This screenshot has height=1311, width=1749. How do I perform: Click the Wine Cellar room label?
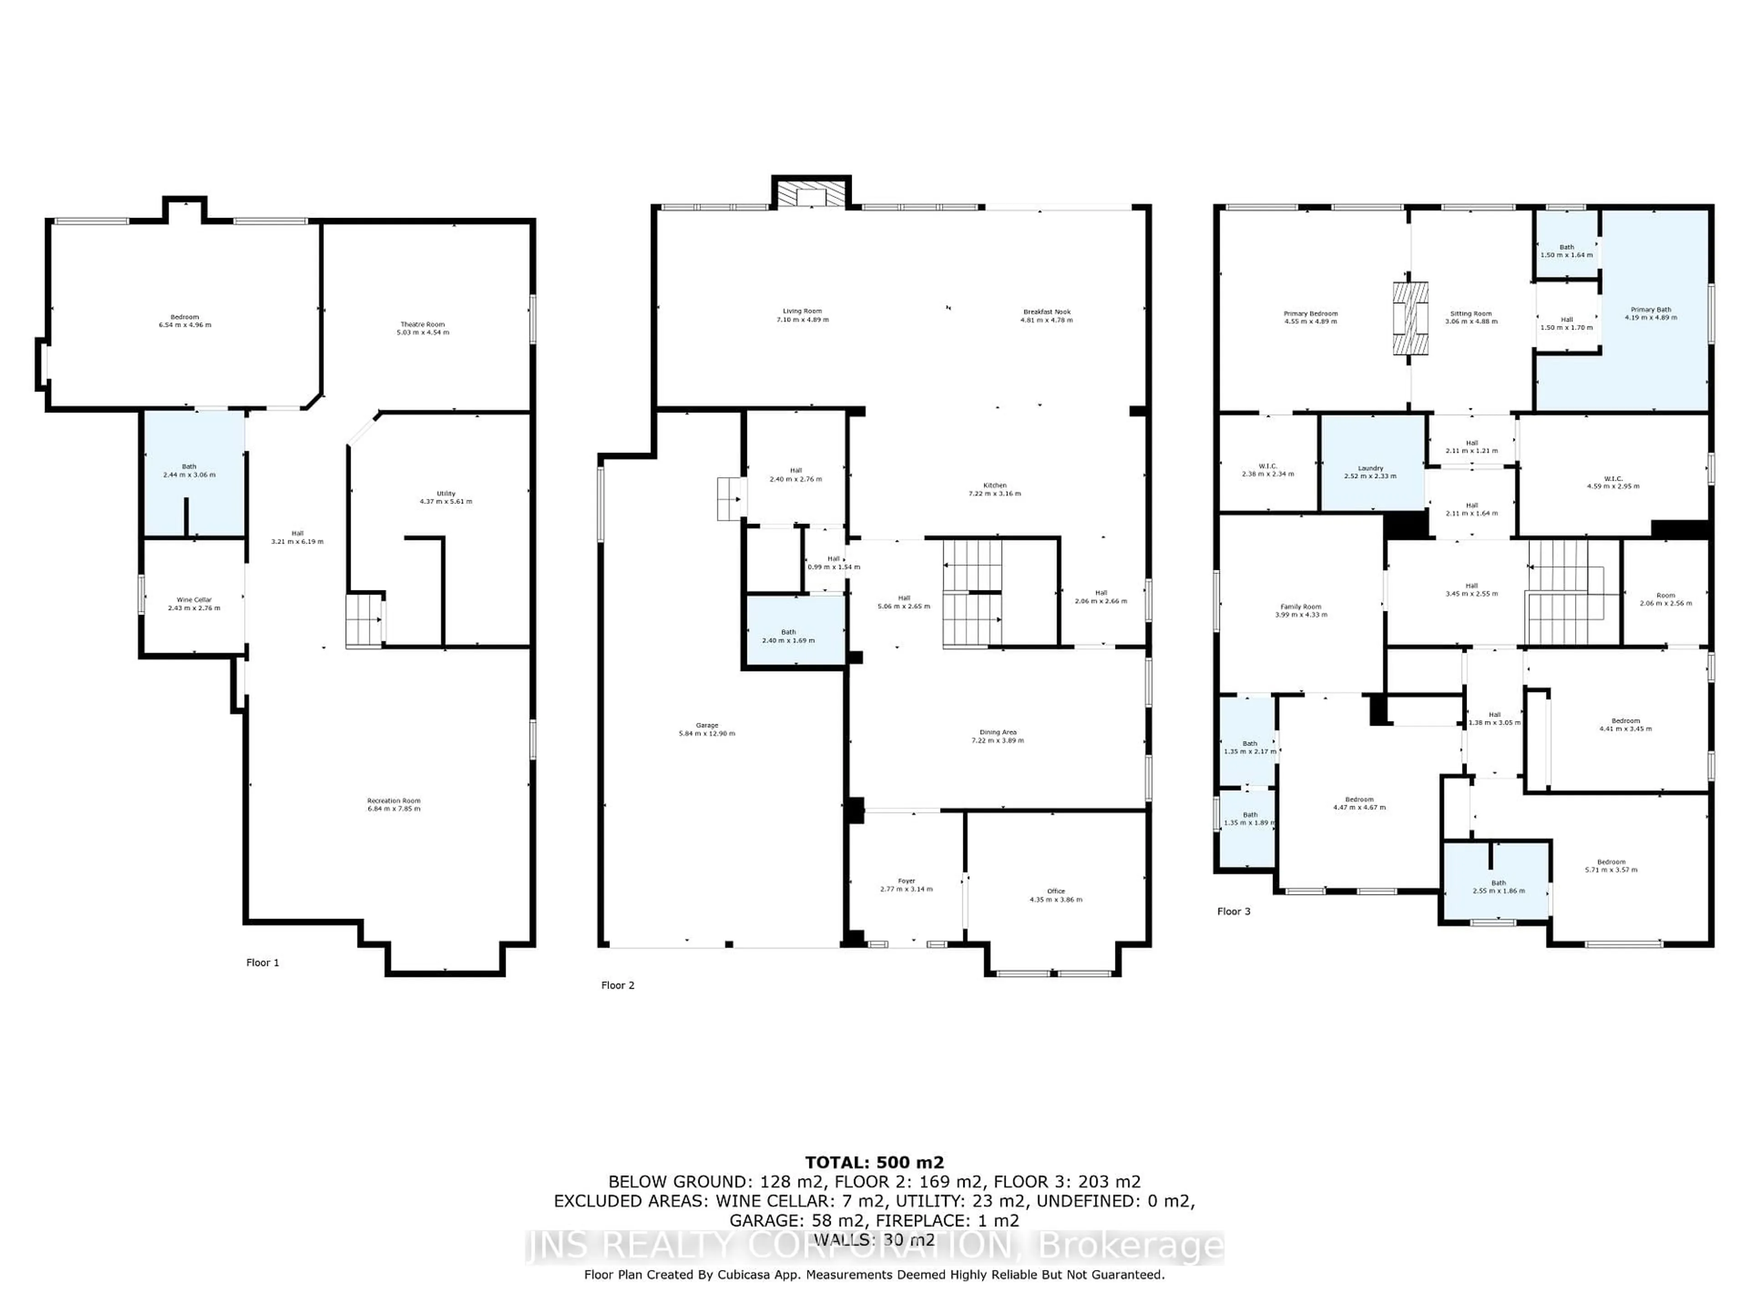[x=194, y=600]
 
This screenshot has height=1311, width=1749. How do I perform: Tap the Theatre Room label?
[x=422, y=324]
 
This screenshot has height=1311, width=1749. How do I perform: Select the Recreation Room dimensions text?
[x=394, y=808]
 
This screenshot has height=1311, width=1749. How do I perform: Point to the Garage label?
[x=707, y=726]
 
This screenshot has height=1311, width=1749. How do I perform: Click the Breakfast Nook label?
[x=1047, y=312]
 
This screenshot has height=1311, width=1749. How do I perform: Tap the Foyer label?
[x=906, y=880]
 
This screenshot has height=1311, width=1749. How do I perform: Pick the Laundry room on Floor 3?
[x=1370, y=468]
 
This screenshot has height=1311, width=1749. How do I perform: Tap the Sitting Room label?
[x=1471, y=314]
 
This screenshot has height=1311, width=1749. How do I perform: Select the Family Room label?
[x=1301, y=607]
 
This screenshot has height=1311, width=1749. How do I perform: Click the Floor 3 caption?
[x=1233, y=911]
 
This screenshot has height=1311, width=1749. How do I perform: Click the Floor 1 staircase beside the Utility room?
[x=364, y=620]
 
